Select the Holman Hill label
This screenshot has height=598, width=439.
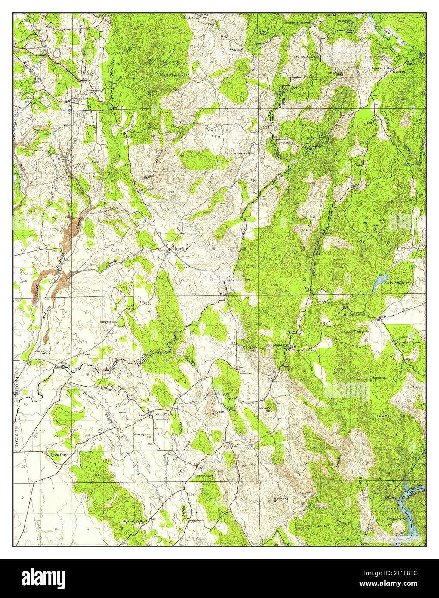pos(280,501)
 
